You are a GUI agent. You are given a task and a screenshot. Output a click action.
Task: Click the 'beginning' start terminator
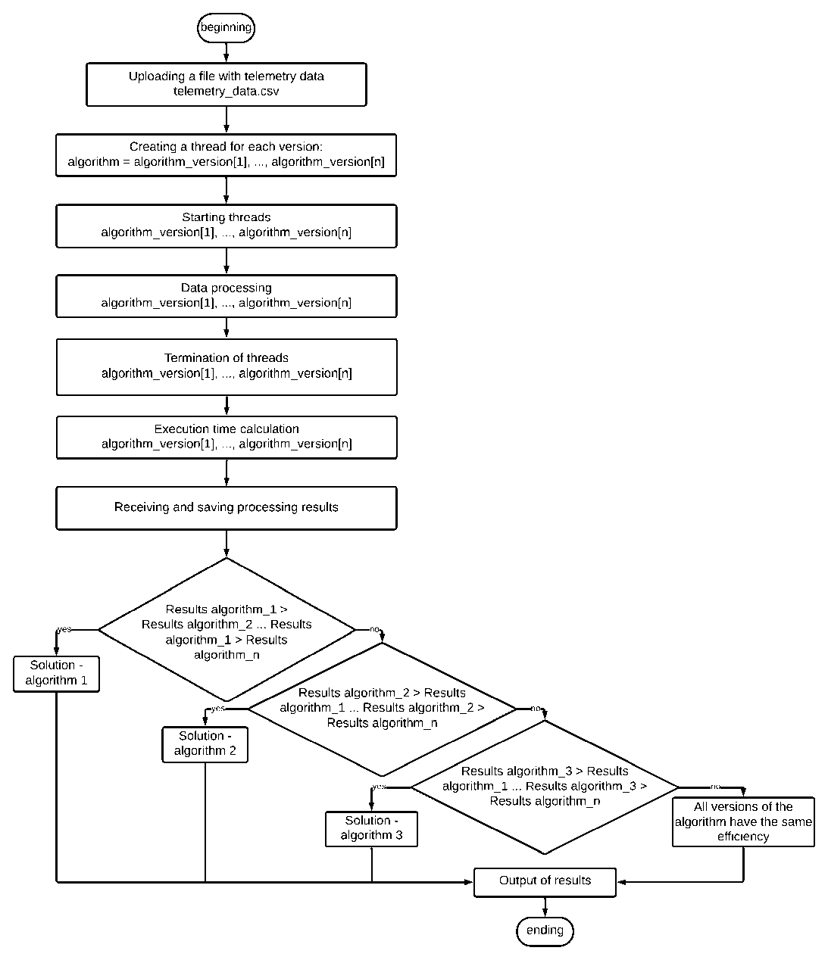point(226,29)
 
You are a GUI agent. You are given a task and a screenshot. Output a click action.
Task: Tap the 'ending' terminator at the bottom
point(545,930)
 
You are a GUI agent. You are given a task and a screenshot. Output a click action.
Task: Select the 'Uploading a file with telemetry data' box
point(227,84)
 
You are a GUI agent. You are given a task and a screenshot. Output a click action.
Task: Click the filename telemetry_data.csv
point(227,92)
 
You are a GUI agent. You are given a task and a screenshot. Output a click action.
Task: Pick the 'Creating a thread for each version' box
point(227,154)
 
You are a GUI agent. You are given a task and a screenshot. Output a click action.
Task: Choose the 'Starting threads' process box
point(227,225)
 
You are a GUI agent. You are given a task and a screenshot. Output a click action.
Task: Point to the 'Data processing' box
point(227,295)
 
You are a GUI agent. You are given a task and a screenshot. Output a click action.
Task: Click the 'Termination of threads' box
point(227,366)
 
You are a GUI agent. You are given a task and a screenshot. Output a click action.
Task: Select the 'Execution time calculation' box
point(227,436)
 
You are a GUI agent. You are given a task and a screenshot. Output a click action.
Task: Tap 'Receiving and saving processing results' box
point(227,507)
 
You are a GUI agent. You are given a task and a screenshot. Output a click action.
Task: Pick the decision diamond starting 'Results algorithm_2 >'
point(382,709)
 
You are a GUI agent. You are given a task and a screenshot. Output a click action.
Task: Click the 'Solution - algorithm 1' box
point(57,673)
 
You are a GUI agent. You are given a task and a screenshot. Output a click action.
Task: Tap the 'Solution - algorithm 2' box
point(205,743)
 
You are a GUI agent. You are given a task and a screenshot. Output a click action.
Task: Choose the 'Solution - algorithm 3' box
point(371,828)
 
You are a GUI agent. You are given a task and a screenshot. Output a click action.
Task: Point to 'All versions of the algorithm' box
point(743,821)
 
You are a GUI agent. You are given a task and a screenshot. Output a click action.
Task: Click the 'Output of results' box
point(545,881)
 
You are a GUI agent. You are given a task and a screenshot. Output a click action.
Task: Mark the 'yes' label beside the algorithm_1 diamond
point(64,629)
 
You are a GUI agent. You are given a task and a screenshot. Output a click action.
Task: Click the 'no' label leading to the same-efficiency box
point(714,787)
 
